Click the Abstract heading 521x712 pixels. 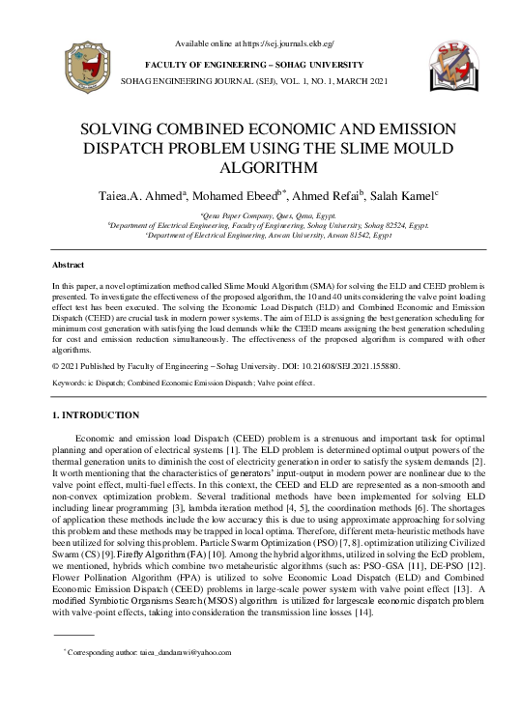tap(69, 264)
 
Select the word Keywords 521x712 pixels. tap(72, 384)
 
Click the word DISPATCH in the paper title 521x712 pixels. tap(125, 147)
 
